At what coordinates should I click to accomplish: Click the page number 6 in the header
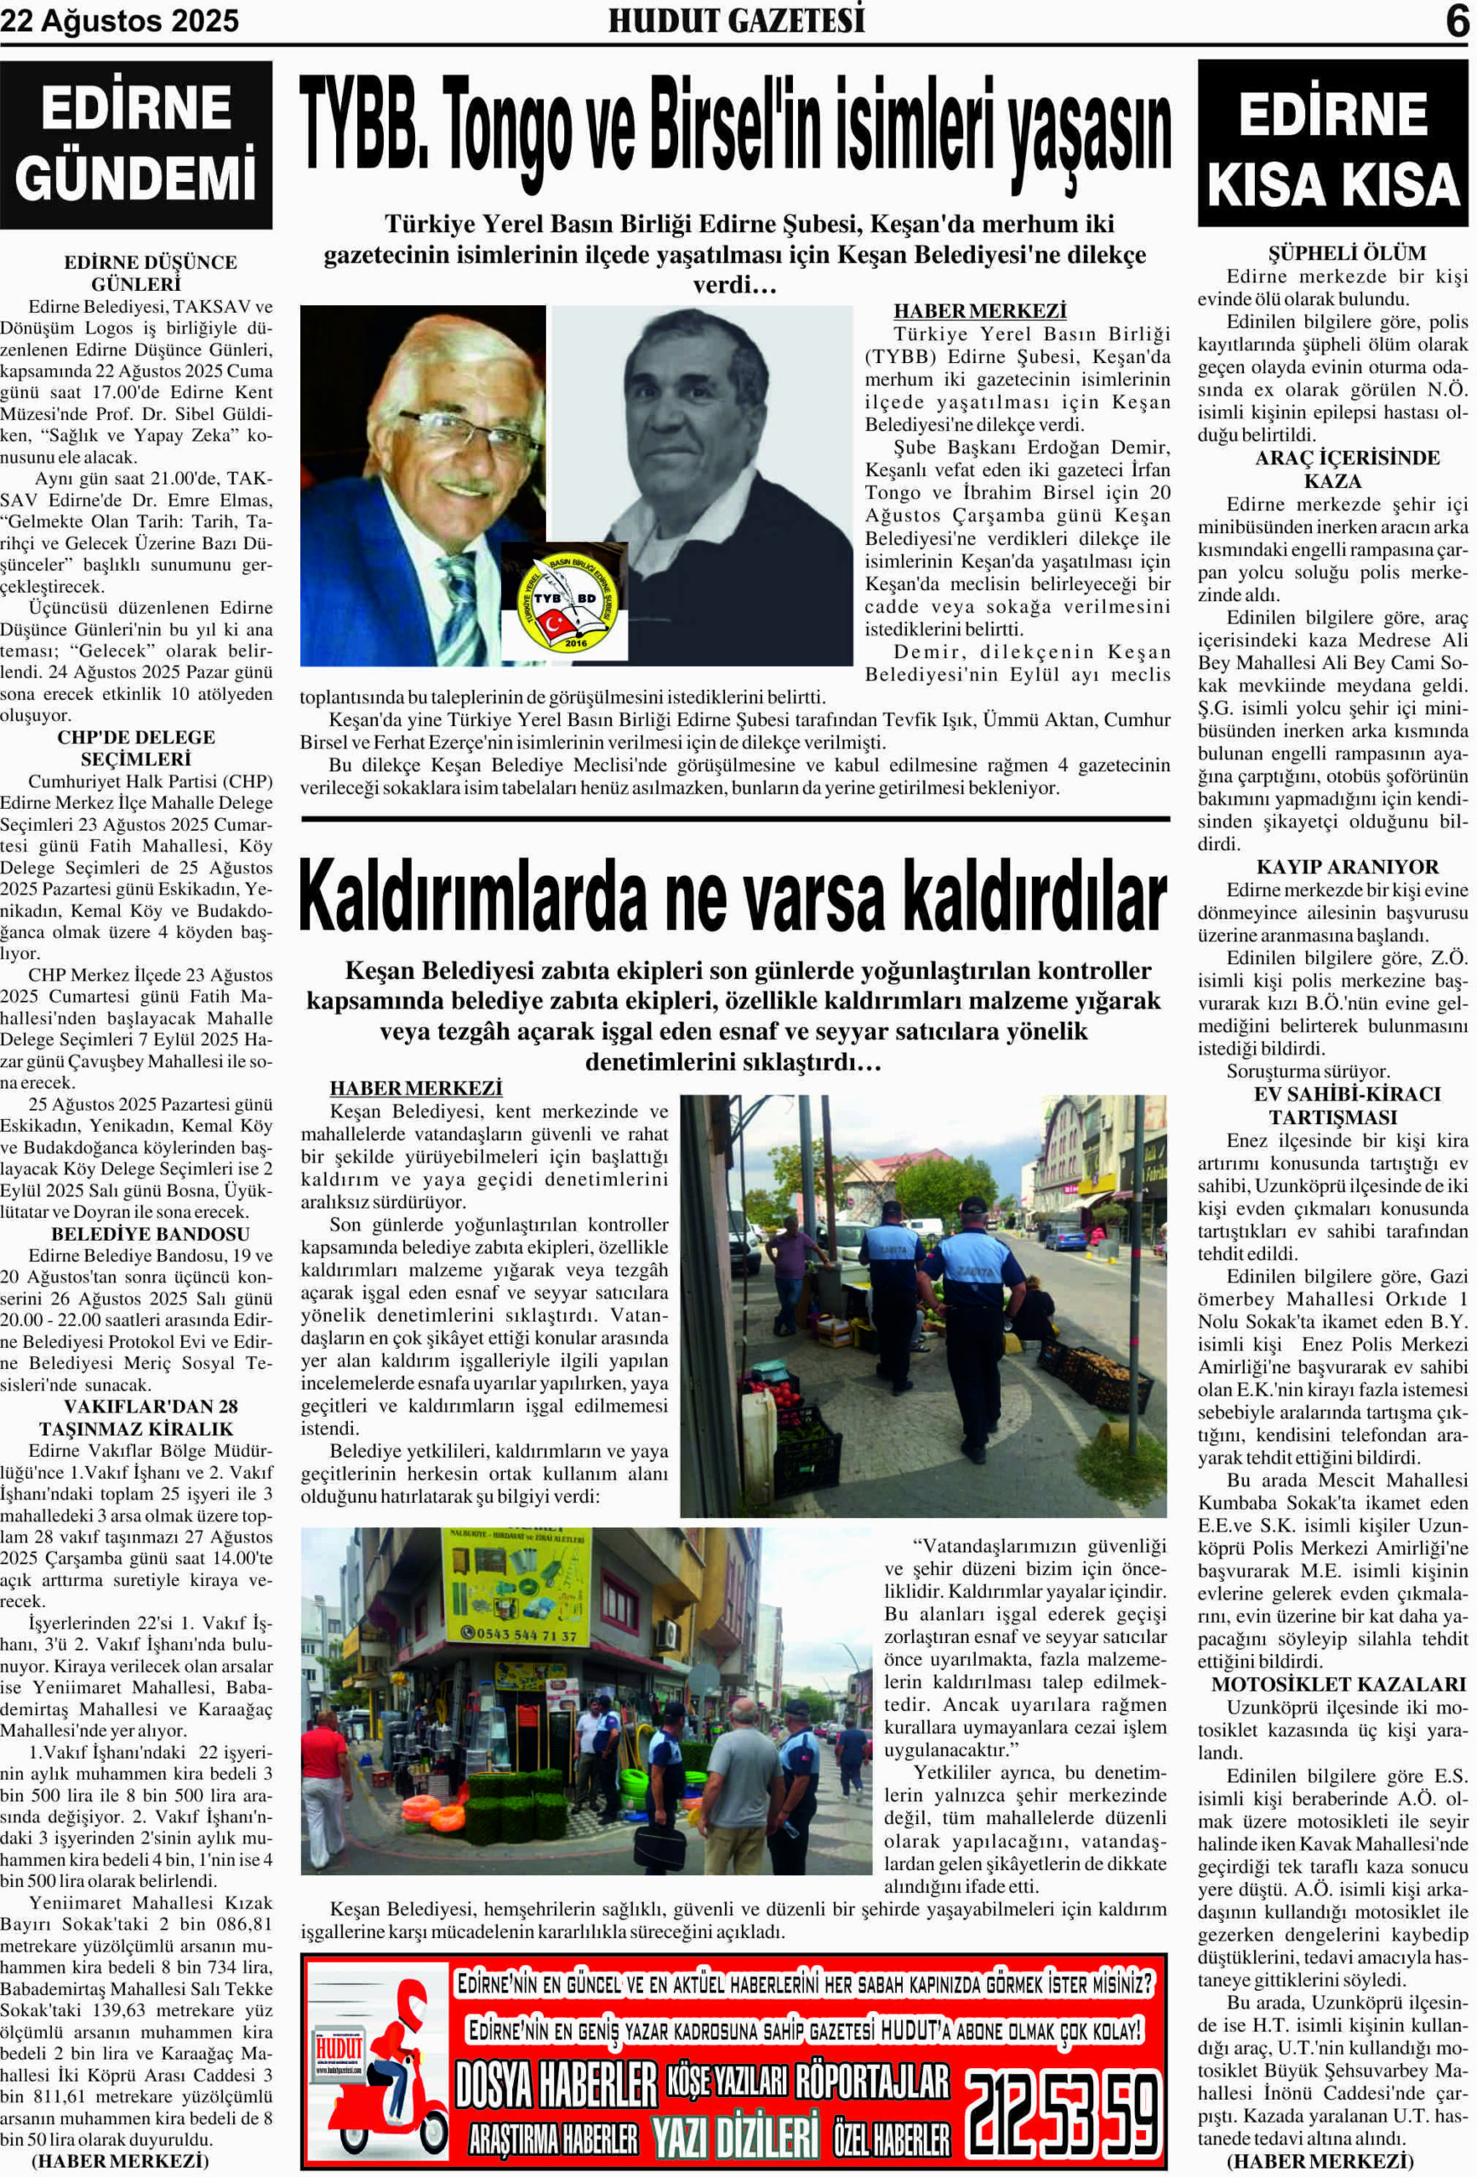click(x=1457, y=20)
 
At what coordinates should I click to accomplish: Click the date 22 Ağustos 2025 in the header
click(x=120, y=20)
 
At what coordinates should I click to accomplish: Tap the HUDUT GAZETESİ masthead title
click(x=736, y=20)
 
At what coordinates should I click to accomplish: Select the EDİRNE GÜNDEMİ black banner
click(x=136, y=145)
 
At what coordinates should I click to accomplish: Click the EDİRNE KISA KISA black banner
click(x=1332, y=145)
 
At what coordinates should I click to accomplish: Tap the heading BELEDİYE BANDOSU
click(x=150, y=1234)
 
